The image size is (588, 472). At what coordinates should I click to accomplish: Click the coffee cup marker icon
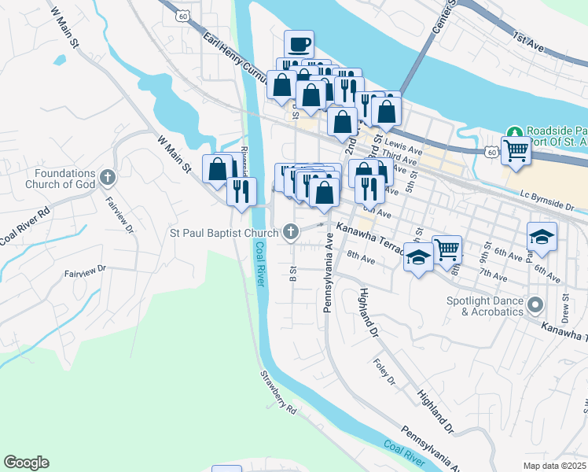[x=299, y=44]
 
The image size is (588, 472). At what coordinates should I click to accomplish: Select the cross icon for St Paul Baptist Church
[x=291, y=232]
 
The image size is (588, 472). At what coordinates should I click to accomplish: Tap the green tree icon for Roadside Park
[x=515, y=131]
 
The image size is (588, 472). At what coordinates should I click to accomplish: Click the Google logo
[x=26, y=463]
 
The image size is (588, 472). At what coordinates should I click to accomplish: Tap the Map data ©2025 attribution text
[x=553, y=466]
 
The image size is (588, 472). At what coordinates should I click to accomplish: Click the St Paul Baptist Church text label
[x=224, y=233]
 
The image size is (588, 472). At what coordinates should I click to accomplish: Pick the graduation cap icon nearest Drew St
[x=542, y=238]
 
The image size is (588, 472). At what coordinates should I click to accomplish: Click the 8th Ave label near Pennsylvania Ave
[x=358, y=256]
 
